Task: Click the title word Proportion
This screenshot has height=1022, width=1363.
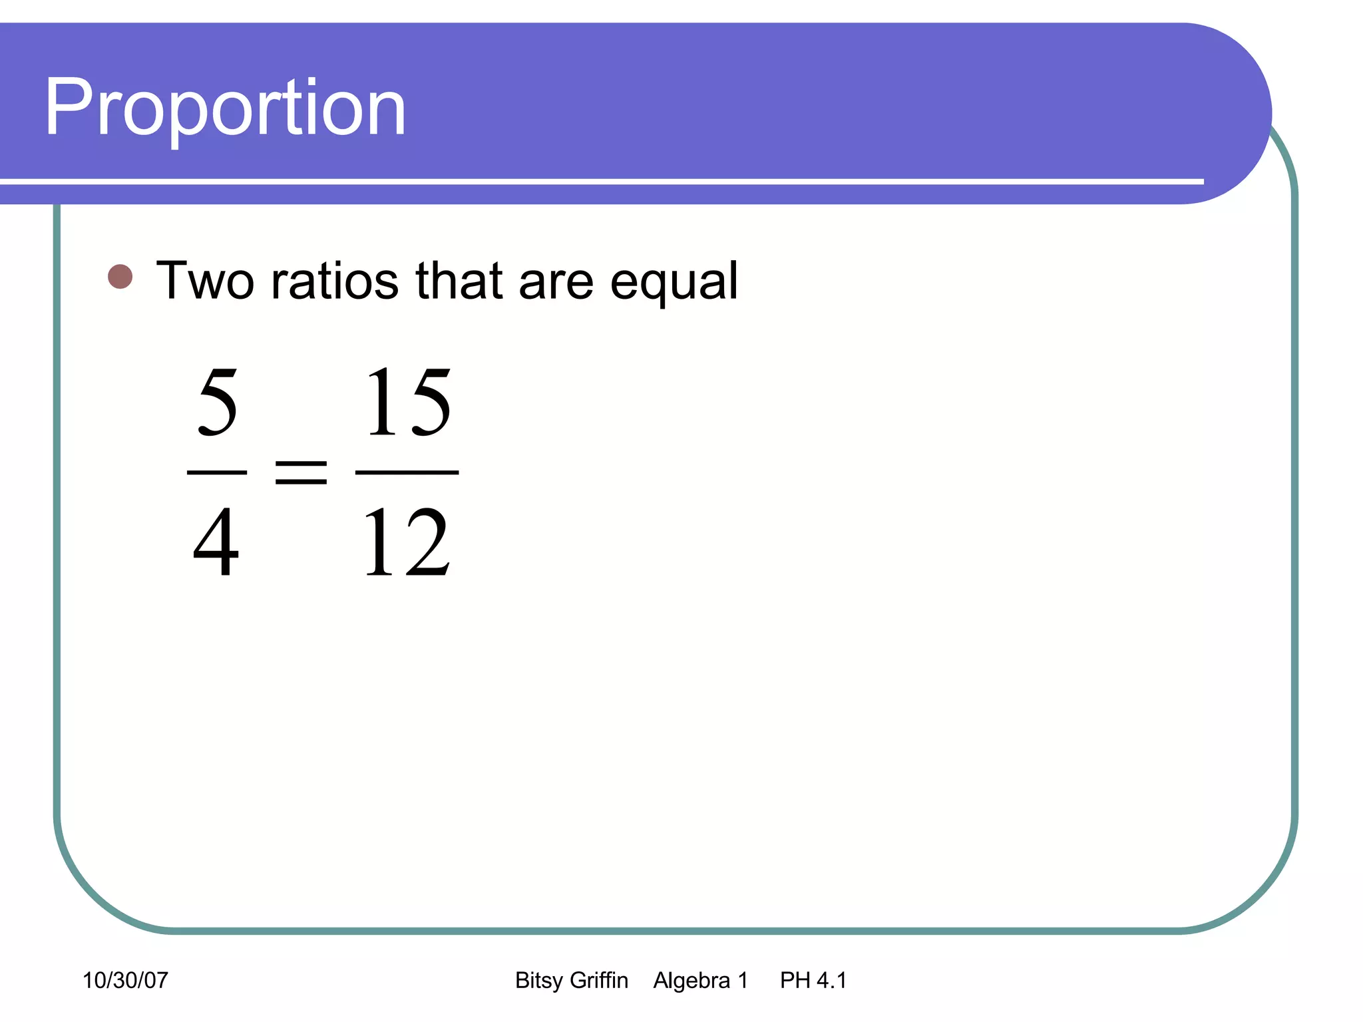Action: click(x=225, y=108)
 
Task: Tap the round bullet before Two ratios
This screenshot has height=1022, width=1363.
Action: click(x=120, y=277)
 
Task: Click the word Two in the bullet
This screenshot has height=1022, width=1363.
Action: click(x=205, y=281)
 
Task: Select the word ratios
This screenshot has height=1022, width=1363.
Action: click(x=335, y=281)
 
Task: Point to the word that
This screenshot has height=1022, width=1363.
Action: click(x=459, y=280)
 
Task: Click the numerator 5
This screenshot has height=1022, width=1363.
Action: click(x=218, y=402)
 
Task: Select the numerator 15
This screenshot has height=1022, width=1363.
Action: click(x=408, y=402)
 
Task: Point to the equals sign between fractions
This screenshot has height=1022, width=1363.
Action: click(x=301, y=472)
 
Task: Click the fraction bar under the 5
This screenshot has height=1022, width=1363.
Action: click(x=217, y=472)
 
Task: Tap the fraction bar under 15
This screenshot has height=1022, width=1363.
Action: click(x=407, y=472)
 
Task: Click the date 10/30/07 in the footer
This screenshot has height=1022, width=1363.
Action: click(x=125, y=980)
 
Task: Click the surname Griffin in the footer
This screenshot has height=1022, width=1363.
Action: click(x=599, y=980)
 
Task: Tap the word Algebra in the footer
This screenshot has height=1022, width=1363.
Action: click(x=691, y=980)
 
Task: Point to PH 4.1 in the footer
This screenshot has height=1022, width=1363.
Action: click(x=813, y=980)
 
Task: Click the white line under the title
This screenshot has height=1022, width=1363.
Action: click(x=599, y=181)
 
